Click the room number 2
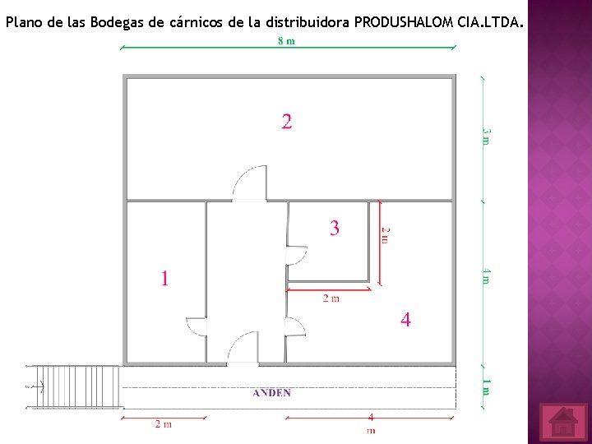(286, 122)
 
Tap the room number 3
(334, 228)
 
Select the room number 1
(164, 279)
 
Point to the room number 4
(405, 319)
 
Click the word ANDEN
(271, 393)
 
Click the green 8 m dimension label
(286, 42)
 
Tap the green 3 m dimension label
(486, 136)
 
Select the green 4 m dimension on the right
(486, 276)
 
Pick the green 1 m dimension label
(486, 386)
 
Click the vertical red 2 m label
(385, 235)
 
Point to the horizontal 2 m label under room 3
(331, 298)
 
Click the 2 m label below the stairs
(164, 424)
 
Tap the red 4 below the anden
(371, 418)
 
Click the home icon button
(563, 422)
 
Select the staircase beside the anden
(74, 386)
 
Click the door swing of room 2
(249, 183)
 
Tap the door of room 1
(196, 327)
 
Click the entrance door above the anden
(243, 348)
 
